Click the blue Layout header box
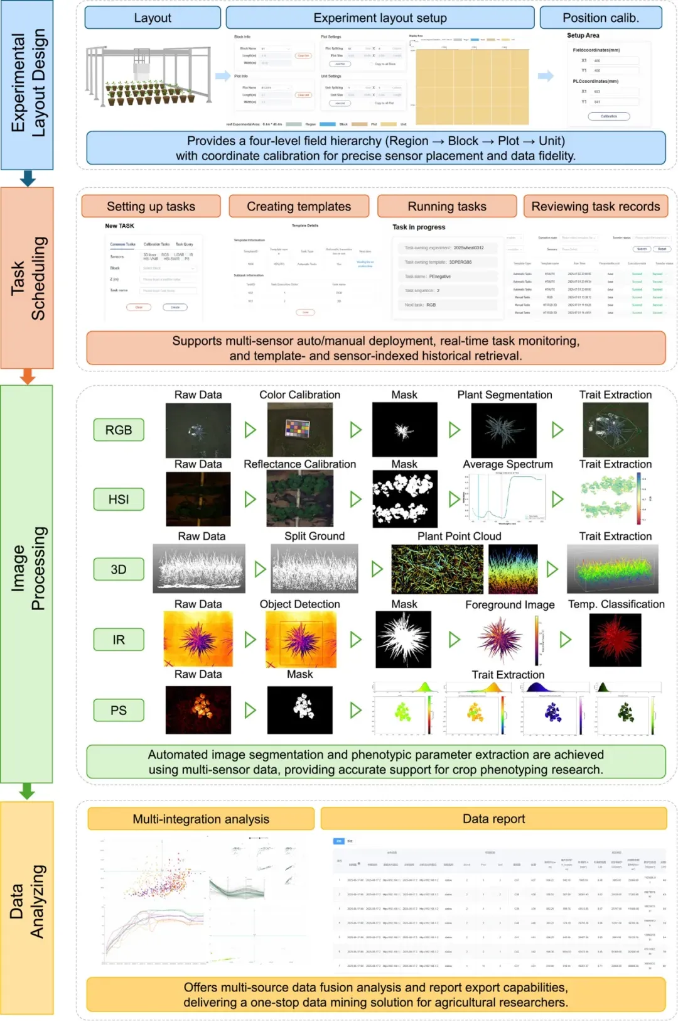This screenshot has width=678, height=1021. pyautogui.click(x=153, y=18)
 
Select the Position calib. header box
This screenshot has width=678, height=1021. pyautogui.click(x=601, y=18)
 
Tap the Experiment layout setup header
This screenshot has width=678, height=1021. pyautogui.click(x=380, y=18)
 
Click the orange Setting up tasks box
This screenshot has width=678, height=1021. pyautogui.click(x=151, y=206)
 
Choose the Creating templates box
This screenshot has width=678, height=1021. pyautogui.click(x=299, y=206)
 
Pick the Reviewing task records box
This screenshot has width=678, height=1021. pyautogui.click(x=595, y=206)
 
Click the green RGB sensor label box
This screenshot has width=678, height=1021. pyautogui.click(x=119, y=430)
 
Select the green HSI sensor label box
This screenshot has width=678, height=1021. pyautogui.click(x=119, y=499)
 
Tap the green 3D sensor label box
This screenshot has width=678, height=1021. pyautogui.click(x=119, y=569)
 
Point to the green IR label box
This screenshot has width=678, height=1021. pyautogui.click(x=119, y=640)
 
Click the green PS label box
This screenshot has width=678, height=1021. pyautogui.click(x=119, y=710)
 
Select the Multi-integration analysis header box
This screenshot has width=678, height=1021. pyautogui.click(x=201, y=819)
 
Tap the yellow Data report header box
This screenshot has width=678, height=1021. pyautogui.click(x=493, y=819)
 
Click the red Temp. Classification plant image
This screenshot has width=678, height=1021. pyautogui.click(x=615, y=640)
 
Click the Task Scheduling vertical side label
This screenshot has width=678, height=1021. pyautogui.click(x=27, y=278)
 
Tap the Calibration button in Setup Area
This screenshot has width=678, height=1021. pyautogui.click(x=608, y=116)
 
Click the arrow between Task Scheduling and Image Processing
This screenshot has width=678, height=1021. pyautogui.click(x=27, y=376)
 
